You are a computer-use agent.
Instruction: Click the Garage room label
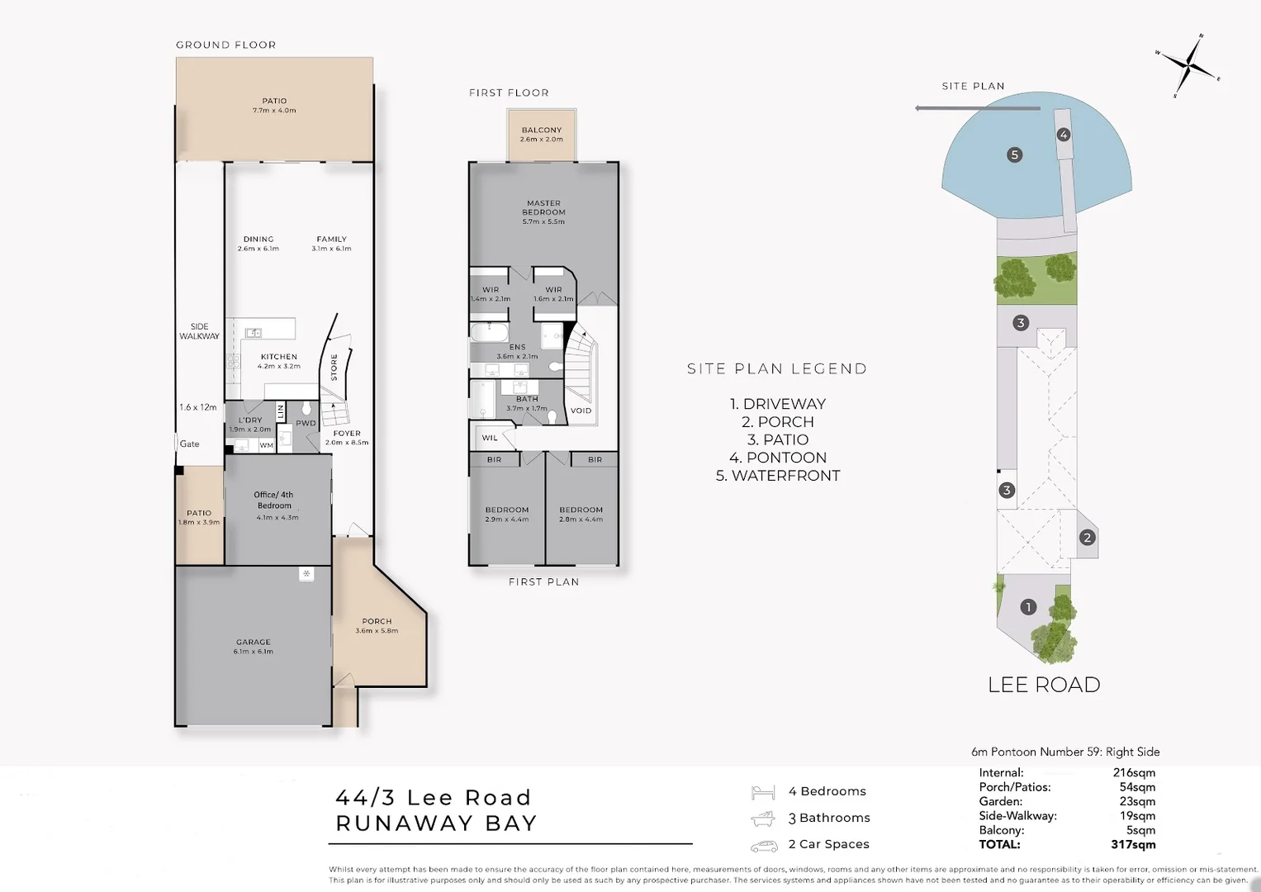click(x=253, y=643)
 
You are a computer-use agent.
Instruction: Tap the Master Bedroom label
click(x=543, y=207)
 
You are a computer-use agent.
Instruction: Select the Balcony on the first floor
click(x=542, y=135)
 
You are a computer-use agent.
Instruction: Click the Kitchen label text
click(x=278, y=358)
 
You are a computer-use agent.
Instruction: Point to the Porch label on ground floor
click(x=377, y=622)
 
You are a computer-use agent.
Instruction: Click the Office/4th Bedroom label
click(x=273, y=501)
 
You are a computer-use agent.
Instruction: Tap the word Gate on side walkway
click(x=190, y=444)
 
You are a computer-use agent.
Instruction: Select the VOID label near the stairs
click(x=581, y=410)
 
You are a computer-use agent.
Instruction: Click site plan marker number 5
click(x=1015, y=154)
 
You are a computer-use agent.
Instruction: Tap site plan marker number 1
click(x=1028, y=607)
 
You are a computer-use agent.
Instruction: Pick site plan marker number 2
click(x=1087, y=538)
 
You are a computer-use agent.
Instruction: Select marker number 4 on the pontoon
click(x=1064, y=135)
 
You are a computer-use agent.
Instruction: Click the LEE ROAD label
click(x=1044, y=685)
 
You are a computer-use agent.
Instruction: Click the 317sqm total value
click(x=1133, y=845)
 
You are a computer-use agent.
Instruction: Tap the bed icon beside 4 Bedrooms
click(x=763, y=793)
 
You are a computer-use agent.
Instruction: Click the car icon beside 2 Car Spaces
click(x=764, y=847)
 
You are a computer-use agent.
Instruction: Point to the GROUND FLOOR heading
click(x=226, y=45)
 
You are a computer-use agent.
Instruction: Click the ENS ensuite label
click(x=517, y=348)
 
